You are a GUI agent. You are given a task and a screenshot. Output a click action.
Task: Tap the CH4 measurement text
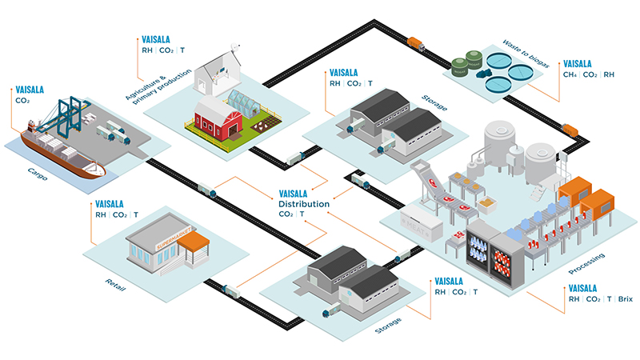coord(570,76)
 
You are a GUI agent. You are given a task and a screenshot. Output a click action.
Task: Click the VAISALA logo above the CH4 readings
coord(578,63)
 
